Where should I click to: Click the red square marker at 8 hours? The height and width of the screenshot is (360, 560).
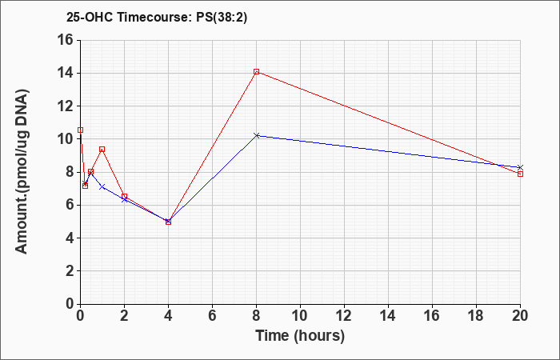pos(257,72)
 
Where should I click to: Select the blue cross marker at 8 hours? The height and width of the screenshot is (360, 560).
pos(257,135)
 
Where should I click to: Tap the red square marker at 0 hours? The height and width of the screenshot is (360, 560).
pos(81,130)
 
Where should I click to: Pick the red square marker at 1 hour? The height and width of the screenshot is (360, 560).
pos(102,150)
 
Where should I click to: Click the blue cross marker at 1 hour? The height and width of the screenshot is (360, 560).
pos(102,186)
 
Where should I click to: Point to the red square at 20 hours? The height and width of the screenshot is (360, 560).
pos(520,174)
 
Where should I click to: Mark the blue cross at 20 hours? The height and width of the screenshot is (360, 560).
pos(520,167)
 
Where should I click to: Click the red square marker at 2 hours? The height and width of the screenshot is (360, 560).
pos(124,197)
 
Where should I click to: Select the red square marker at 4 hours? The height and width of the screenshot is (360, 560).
pos(169,222)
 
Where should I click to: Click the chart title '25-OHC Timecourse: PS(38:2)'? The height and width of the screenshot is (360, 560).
pos(157,18)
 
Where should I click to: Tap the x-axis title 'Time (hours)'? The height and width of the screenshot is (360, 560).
pos(300,336)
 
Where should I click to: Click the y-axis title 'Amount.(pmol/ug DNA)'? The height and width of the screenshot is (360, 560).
pos(22,172)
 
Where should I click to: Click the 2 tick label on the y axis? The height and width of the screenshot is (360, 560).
pos(70,271)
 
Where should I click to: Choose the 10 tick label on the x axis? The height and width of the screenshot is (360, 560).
pos(300,316)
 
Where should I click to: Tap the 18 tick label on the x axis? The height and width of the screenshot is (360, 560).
pos(477,316)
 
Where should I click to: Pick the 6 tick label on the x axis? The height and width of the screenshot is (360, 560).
pos(212,316)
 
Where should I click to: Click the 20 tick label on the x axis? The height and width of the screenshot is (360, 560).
pos(520,316)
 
